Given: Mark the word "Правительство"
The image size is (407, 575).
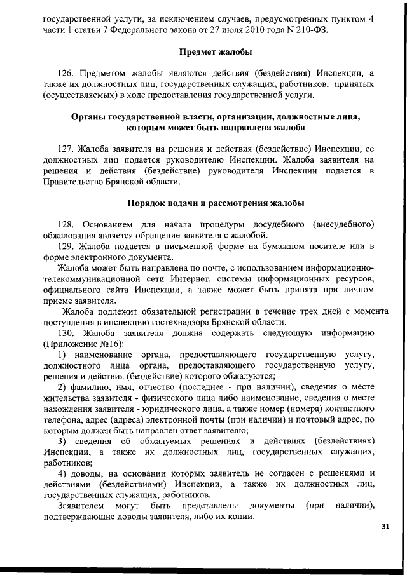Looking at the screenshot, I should (x=73, y=182).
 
